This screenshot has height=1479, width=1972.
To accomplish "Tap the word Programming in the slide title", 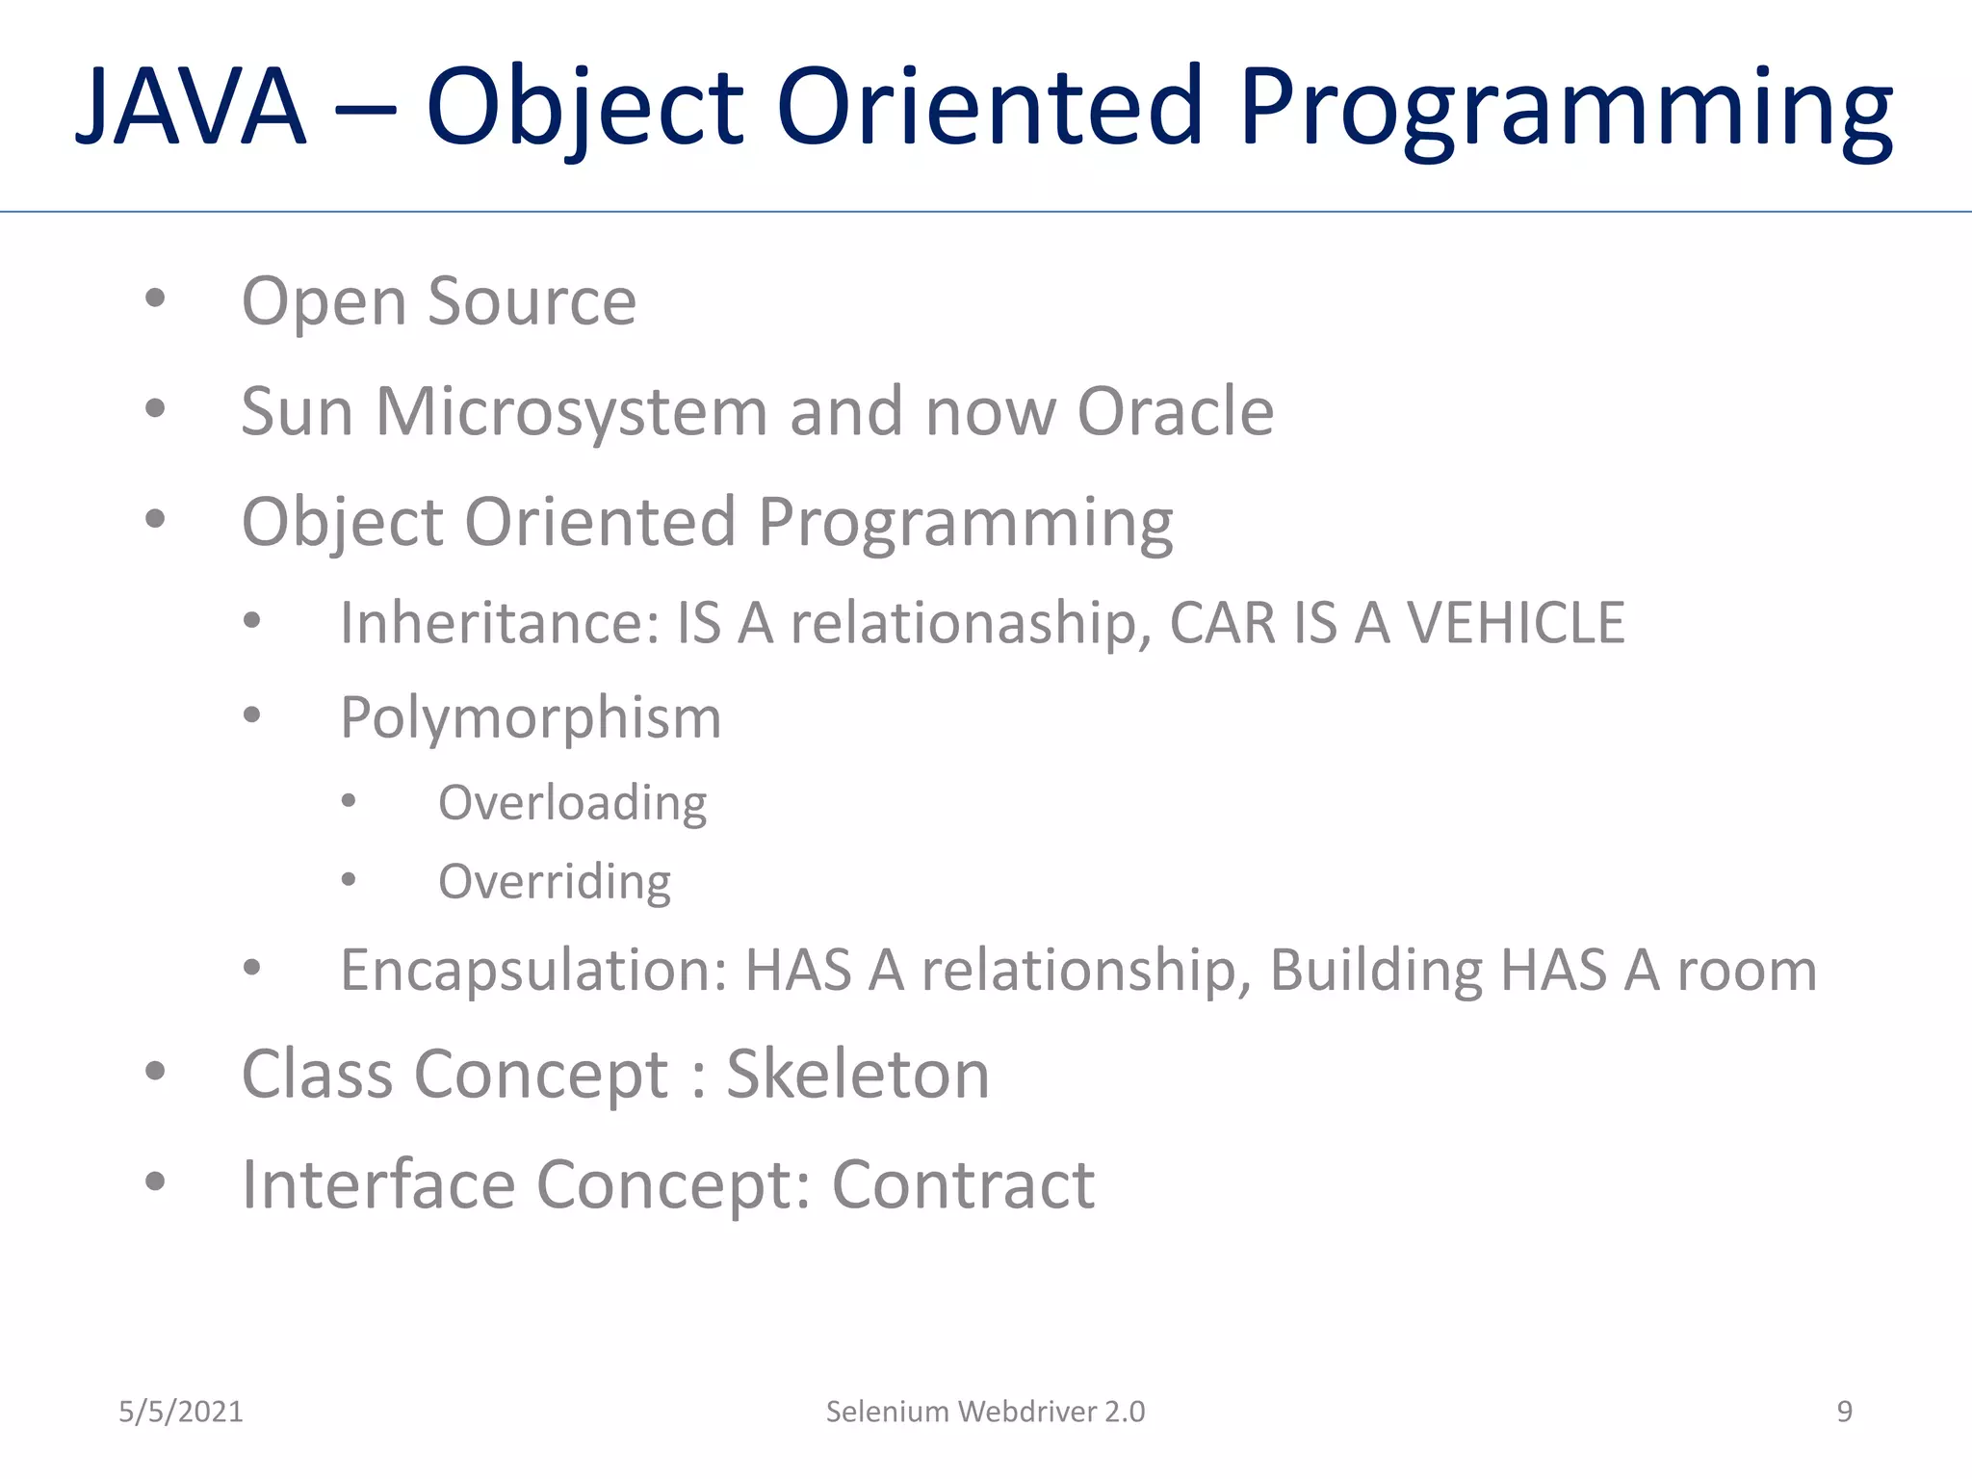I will [x=1566, y=108].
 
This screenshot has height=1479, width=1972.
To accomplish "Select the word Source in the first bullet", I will [x=532, y=301].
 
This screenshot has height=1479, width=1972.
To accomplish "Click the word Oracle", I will [x=1175, y=411].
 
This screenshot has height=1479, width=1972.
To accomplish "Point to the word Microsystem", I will [x=570, y=411].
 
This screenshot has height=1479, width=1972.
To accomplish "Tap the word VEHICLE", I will [x=1516, y=622].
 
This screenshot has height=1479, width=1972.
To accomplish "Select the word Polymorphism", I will [x=531, y=718].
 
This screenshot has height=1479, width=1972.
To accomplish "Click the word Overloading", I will [x=572, y=802].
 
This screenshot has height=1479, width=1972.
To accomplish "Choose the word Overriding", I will [x=555, y=881].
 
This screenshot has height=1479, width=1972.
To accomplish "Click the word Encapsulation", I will [x=533, y=970].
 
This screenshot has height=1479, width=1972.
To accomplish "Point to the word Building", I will [x=1375, y=970].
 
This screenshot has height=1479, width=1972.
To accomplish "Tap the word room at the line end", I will [x=1747, y=970].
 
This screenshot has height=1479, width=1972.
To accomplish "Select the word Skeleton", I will [x=857, y=1074].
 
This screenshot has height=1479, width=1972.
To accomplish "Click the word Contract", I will [x=962, y=1184].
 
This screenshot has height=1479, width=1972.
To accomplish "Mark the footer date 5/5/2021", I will [x=181, y=1412].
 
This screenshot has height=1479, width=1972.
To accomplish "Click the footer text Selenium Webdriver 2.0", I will [x=985, y=1412].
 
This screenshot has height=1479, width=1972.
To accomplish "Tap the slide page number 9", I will [x=1844, y=1412].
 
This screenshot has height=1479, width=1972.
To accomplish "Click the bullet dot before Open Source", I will [x=155, y=298].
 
